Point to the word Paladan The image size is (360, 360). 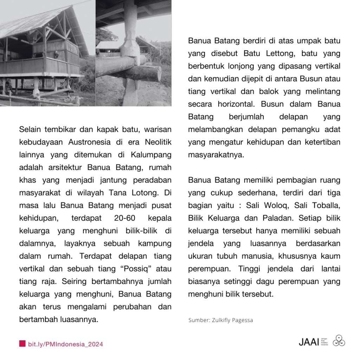(278, 218)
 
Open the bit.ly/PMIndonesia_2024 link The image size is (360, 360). (65, 344)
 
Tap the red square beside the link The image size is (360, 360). (22, 343)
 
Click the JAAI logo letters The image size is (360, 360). (308, 341)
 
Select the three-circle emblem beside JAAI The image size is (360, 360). (339, 340)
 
